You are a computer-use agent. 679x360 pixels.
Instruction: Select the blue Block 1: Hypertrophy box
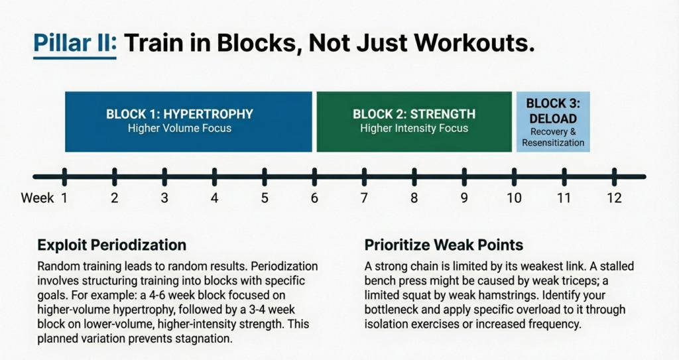pyautogui.click(x=188, y=121)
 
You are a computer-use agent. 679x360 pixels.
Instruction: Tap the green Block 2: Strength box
pyautogui.click(x=414, y=121)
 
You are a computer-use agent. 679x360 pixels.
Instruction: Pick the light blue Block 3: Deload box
pyautogui.click(x=552, y=121)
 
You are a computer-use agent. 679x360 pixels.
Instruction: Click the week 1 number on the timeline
pyautogui.click(x=64, y=198)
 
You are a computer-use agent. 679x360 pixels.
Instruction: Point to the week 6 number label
pyautogui.click(x=314, y=198)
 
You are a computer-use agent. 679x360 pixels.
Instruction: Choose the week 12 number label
pyautogui.click(x=613, y=198)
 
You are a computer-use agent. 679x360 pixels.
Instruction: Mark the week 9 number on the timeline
pyautogui.click(x=464, y=198)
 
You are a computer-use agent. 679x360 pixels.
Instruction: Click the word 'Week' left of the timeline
pyautogui.click(x=37, y=198)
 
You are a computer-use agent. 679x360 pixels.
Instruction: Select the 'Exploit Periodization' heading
pyautogui.click(x=111, y=245)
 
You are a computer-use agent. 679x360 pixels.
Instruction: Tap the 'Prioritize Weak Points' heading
pyautogui.click(x=444, y=245)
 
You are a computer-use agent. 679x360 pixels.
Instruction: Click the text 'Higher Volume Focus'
pyautogui.click(x=180, y=128)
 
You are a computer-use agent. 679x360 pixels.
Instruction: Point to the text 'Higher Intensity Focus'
pyautogui.click(x=414, y=128)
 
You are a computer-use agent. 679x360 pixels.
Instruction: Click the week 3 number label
pyautogui.click(x=164, y=198)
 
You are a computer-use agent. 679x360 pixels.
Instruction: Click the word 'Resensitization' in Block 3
pyautogui.click(x=552, y=143)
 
